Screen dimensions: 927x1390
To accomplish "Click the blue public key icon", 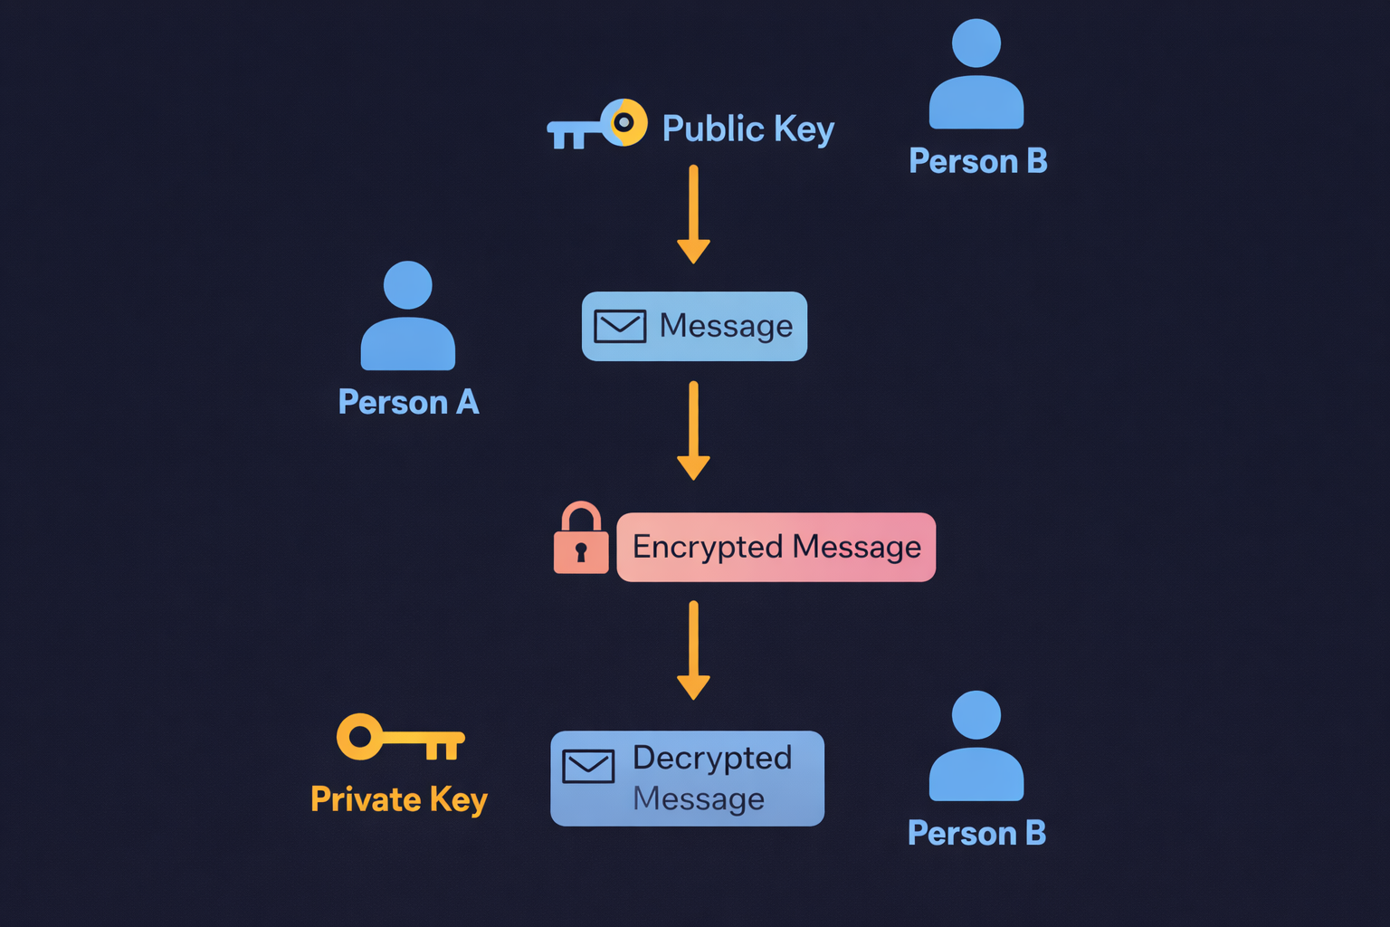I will pyautogui.click(x=596, y=126).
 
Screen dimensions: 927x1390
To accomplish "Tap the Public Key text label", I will pyautogui.click(x=747, y=129).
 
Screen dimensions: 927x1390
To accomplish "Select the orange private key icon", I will pyautogui.click(x=399, y=738).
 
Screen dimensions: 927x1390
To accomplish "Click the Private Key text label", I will pyautogui.click(x=399, y=799).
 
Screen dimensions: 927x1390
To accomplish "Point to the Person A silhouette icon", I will pyautogui.click(x=408, y=317).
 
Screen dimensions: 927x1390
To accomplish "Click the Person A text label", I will pyautogui.click(x=408, y=402).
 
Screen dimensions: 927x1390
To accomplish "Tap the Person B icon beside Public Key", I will pyautogui.click(x=976, y=76).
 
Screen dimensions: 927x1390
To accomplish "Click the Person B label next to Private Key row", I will pyautogui.click(x=976, y=833).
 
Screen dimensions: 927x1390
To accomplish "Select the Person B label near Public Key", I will pyautogui.click(x=977, y=161).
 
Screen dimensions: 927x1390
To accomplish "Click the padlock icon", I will pyautogui.click(x=581, y=540).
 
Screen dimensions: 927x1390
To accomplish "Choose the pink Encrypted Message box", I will pyautogui.click(x=776, y=547).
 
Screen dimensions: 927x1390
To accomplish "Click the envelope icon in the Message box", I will pyautogui.click(x=620, y=326).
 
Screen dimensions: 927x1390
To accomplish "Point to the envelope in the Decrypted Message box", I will pyautogui.click(x=588, y=766).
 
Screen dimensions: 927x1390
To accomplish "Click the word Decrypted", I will pyautogui.click(x=712, y=759).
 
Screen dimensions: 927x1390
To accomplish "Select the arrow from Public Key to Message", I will pyautogui.click(x=693, y=214).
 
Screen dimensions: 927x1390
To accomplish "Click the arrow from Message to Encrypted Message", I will pyautogui.click(x=693, y=431).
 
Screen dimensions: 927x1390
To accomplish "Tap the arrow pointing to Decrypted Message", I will pyautogui.click(x=693, y=650).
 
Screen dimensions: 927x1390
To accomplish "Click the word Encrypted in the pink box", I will pyautogui.click(x=708, y=548).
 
